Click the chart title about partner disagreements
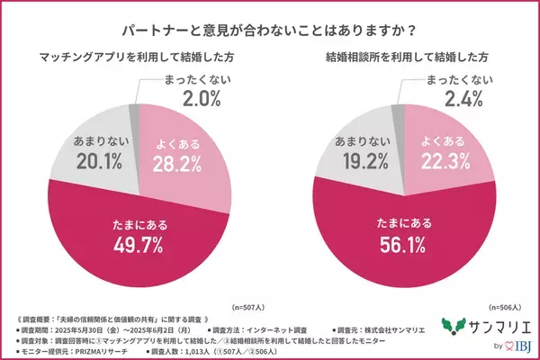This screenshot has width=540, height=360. (269, 28)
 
